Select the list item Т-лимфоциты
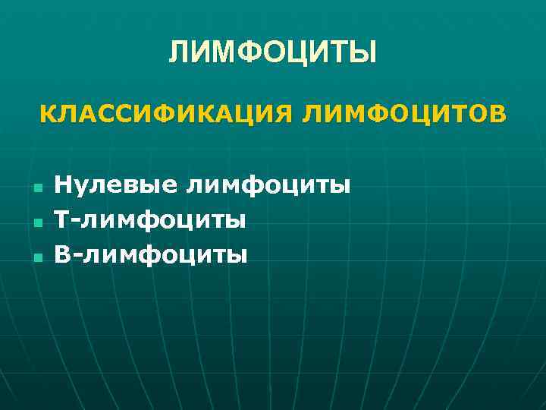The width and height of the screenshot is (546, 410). tap(150, 220)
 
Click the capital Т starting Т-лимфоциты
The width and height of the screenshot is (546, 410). tap(63, 220)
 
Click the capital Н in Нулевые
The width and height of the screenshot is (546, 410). tap(64, 184)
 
